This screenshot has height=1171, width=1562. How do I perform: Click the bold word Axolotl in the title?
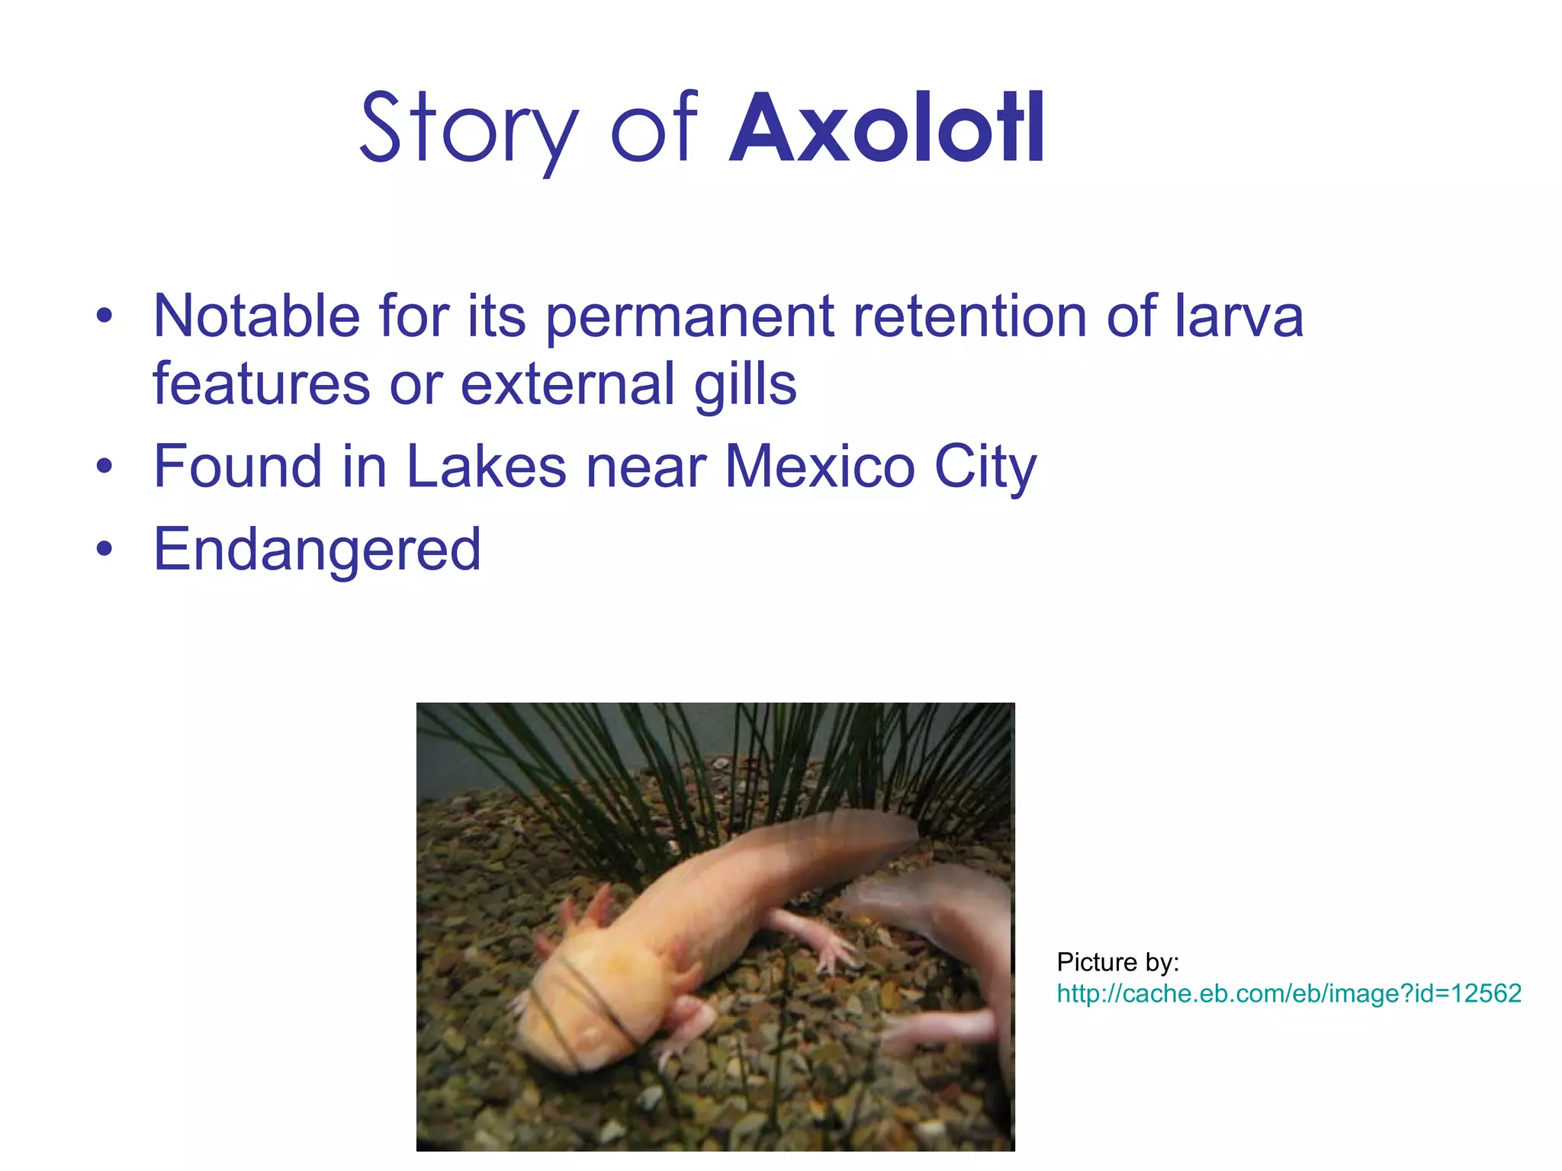click(887, 129)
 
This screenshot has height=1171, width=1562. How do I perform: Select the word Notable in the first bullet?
click(256, 316)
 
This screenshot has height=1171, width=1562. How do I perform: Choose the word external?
click(567, 383)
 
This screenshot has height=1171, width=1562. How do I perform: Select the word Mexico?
click(819, 466)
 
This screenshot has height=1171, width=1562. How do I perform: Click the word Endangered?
click(317, 549)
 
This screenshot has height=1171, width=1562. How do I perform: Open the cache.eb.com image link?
click(1288, 993)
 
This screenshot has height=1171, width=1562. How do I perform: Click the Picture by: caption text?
click(1117, 962)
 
